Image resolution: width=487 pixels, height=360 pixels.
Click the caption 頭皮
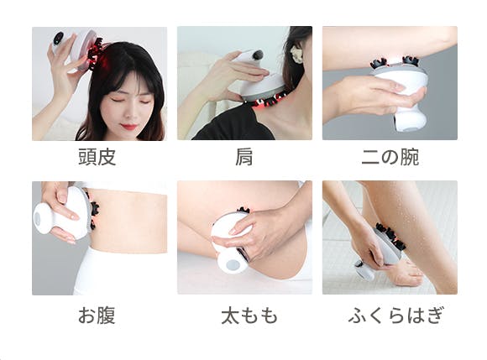click(x=97, y=157)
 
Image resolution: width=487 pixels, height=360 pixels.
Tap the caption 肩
click(x=244, y=157)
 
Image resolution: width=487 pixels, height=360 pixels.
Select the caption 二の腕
click(x=390, y=157)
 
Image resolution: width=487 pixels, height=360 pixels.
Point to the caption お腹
click(x=97, y=316)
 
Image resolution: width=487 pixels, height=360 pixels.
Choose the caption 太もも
click(x=249, y=316)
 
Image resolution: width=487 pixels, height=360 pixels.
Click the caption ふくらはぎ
click(x=395, y=316)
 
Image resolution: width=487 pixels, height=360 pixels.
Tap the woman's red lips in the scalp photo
click(x=129, y=127)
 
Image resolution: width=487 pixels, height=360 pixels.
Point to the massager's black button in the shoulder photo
click(x=258, y=55)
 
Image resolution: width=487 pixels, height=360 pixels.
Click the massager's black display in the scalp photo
click(x=58, y=39)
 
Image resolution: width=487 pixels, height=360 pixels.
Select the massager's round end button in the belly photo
click(x=38, y=219)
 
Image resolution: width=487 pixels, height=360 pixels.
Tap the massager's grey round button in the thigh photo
click(x=233, y=264)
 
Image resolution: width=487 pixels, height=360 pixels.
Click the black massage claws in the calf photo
click(x=390, y=237)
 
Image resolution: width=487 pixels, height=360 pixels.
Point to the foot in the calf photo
click(x=404, y=272)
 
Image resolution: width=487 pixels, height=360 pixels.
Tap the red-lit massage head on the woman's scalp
click(x=94, y=54)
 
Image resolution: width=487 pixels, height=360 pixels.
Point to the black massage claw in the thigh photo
click(x=243, y=210)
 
